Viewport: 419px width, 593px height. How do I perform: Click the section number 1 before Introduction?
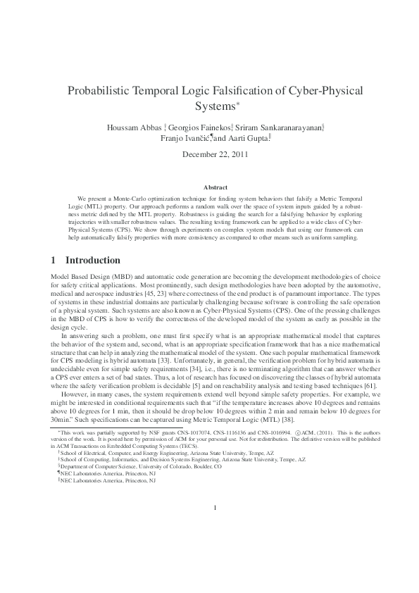pos(54,261)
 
